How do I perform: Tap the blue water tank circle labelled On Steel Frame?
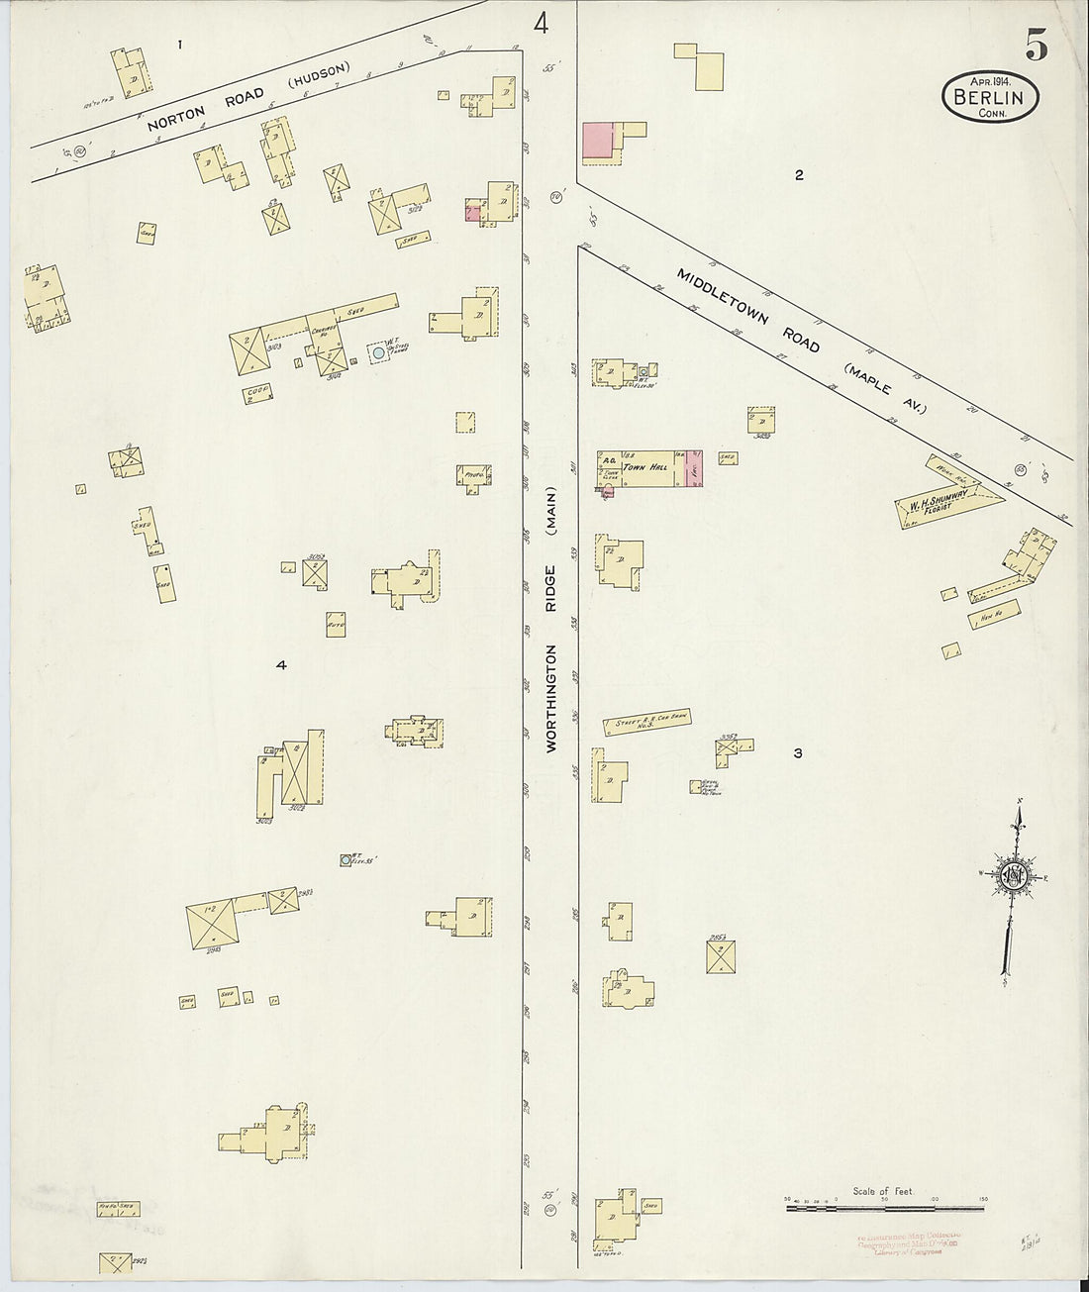coord(377,351)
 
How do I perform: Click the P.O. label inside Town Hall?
coord(605,460)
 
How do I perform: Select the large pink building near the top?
coord(597,140)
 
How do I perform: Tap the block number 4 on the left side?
coord(281,665)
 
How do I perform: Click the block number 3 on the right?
coord(797,753)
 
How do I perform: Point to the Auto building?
coord(336,626)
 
